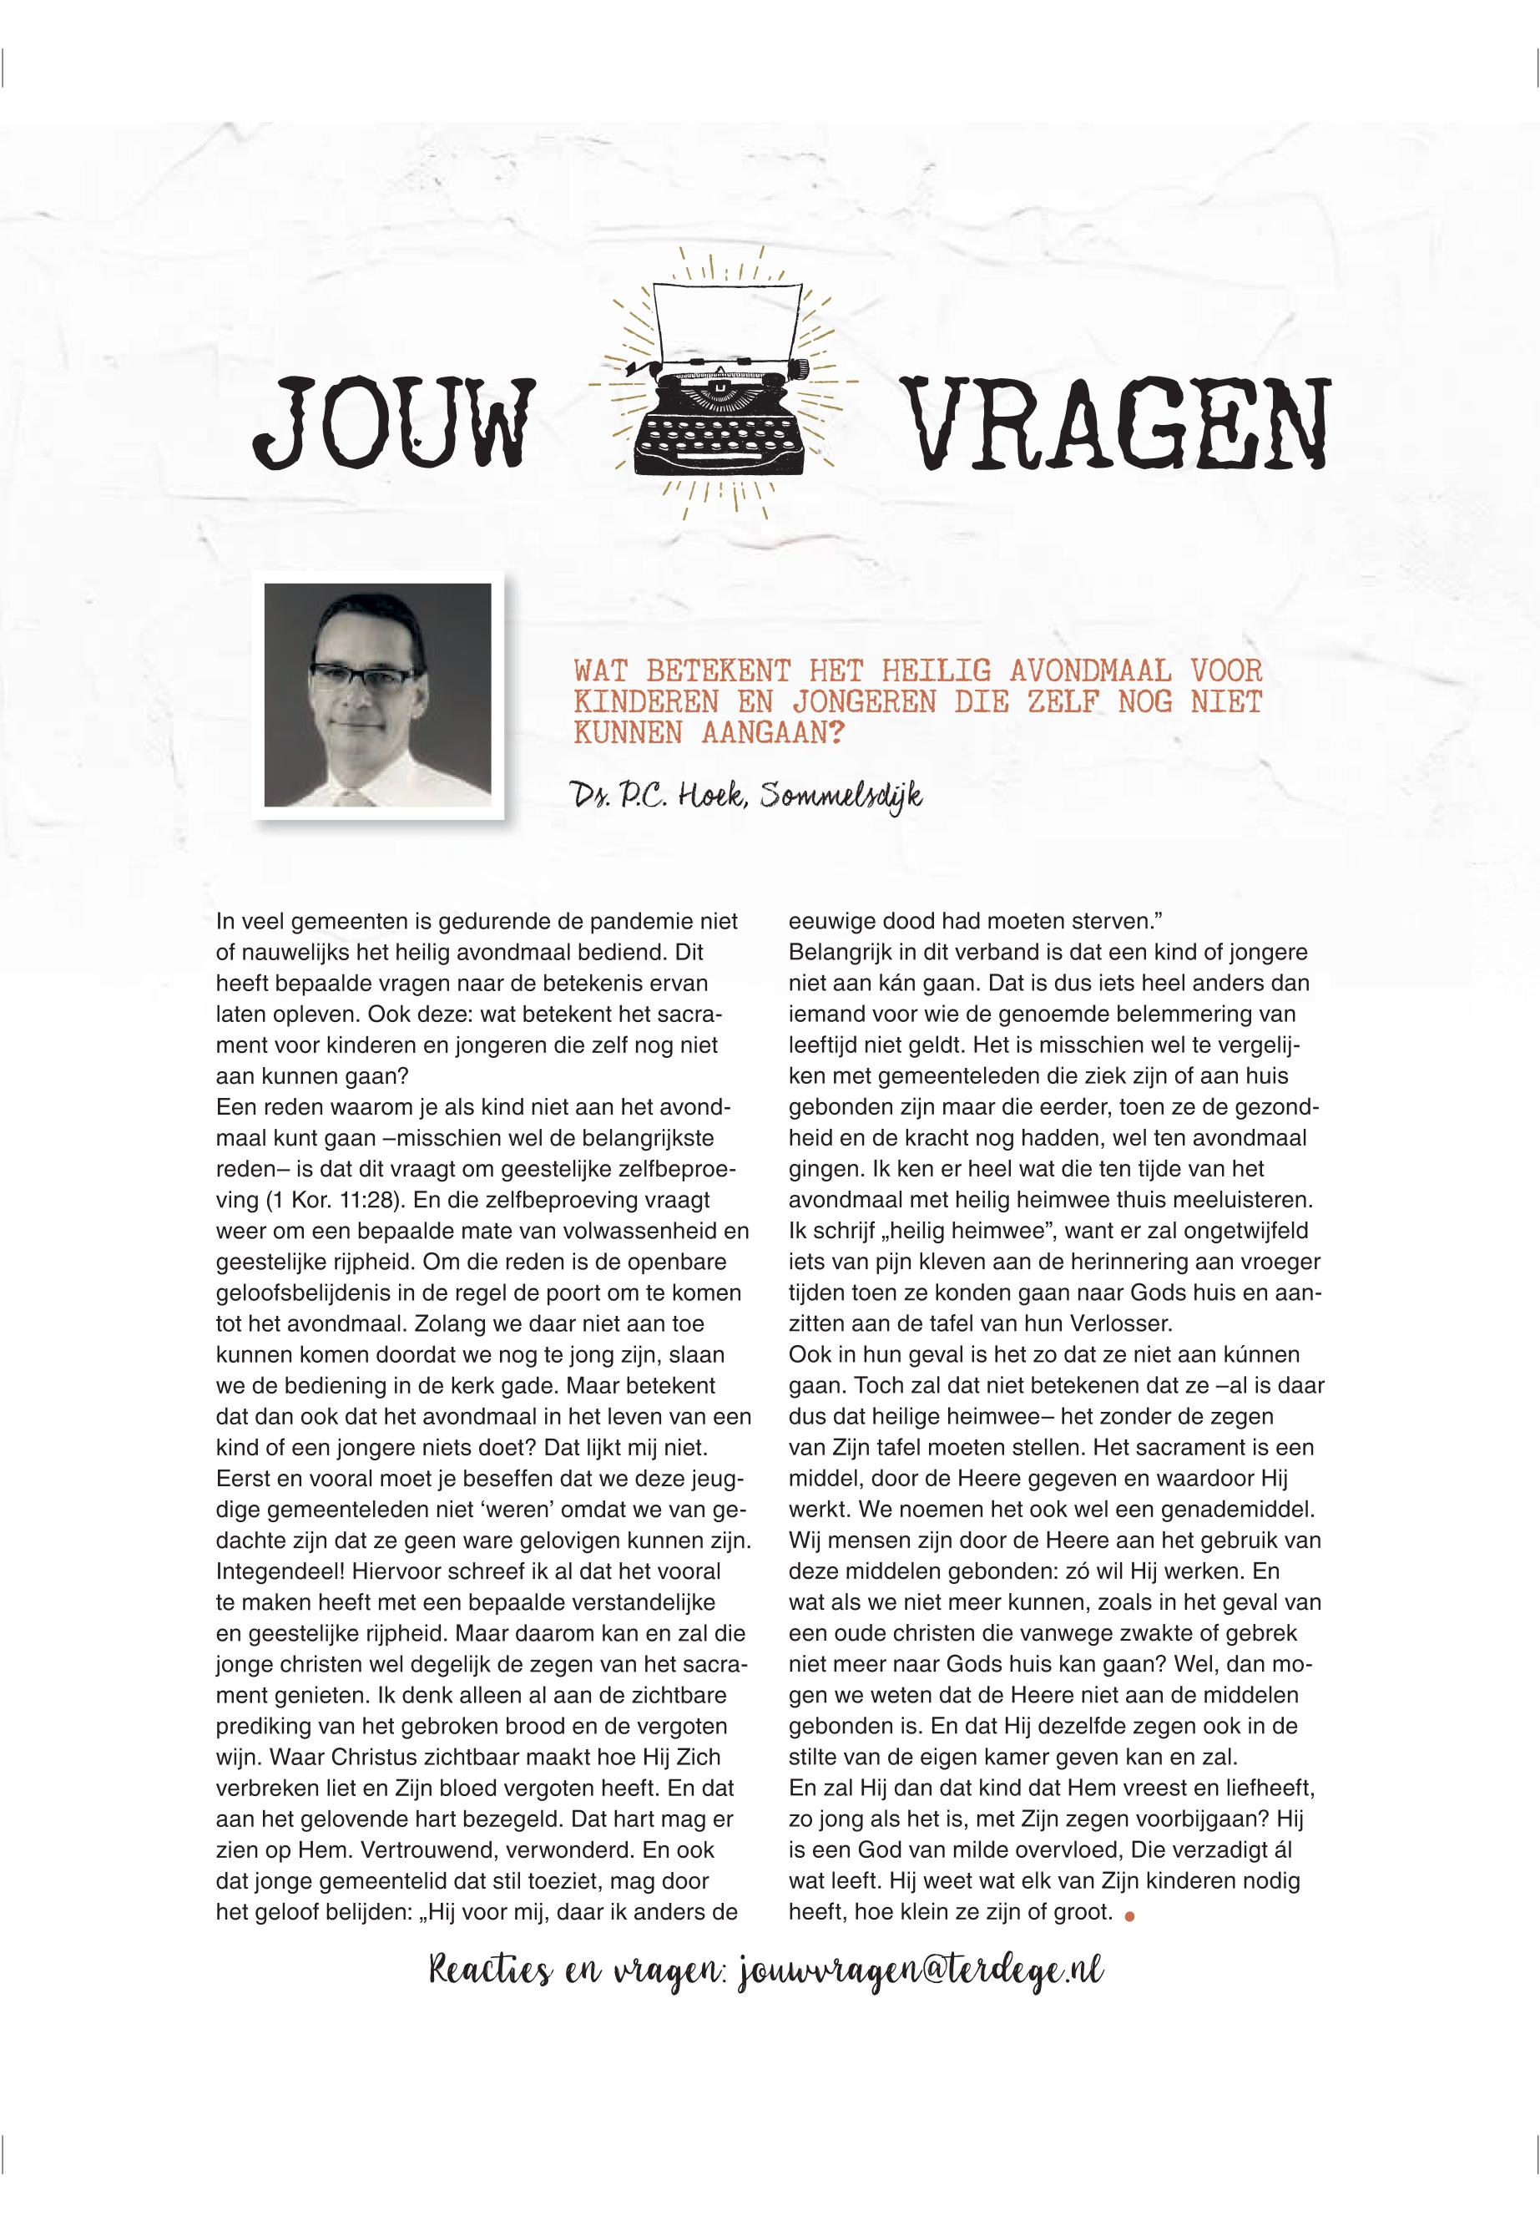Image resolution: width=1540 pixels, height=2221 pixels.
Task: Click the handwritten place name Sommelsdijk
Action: pyautogui.click(x=841, y=797)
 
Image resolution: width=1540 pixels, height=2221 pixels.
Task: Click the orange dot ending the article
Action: pyautogui.click(x=1130, y=1917)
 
